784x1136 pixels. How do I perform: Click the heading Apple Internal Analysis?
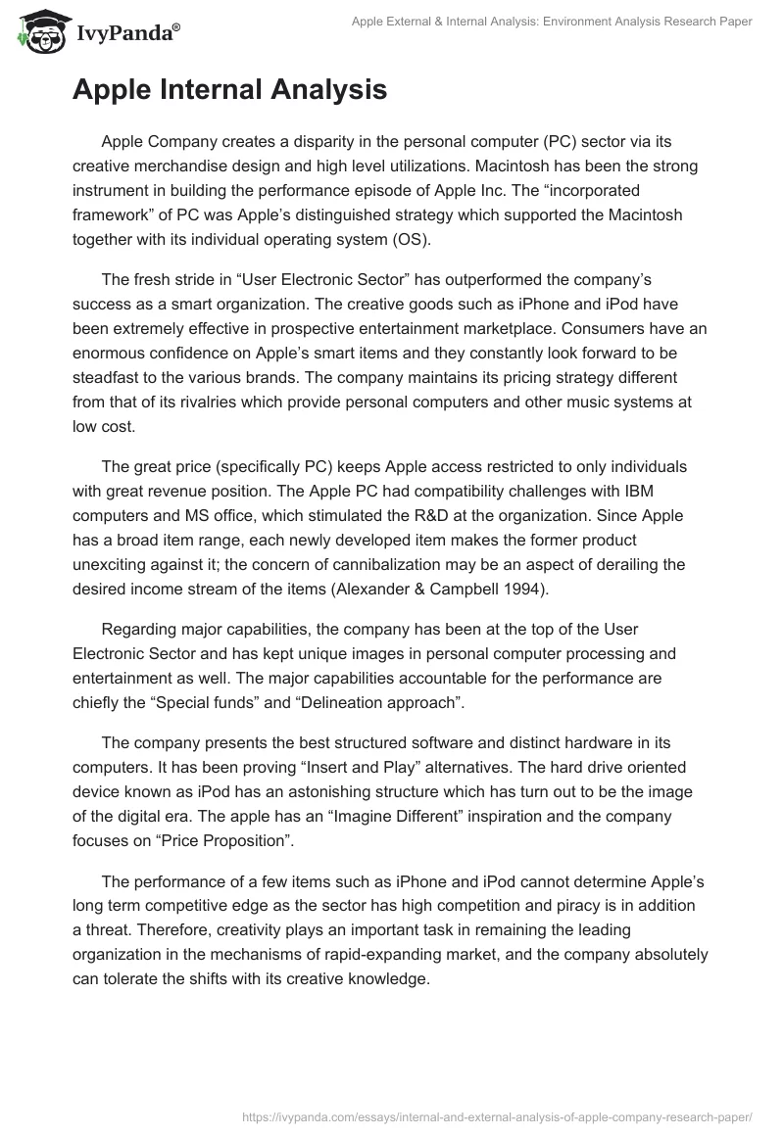click(229, 90)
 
